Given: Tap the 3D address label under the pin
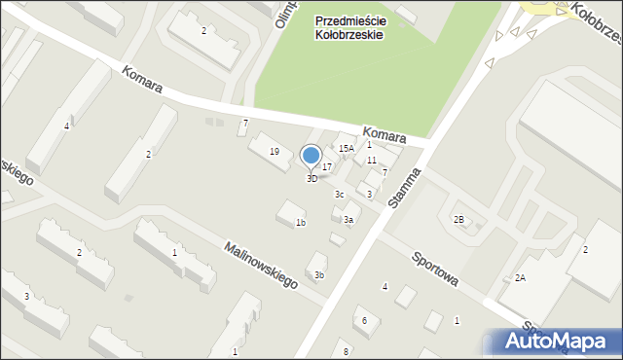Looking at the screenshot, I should [311, 179].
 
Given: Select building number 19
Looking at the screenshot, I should [275, 151].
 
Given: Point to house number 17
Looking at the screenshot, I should [328, 167].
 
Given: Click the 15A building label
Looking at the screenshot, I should [346, 148].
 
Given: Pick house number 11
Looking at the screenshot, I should [371, 160].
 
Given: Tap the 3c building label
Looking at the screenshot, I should [340, 195].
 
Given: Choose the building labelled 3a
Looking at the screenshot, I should [348, 220].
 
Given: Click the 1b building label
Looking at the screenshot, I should [301, 223].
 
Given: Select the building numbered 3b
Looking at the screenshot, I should [318, 275].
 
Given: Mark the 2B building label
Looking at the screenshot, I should [458, 219].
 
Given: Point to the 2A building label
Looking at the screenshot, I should [520, 278].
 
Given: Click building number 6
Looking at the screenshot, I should [364, 320].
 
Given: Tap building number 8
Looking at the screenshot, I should [346, 350].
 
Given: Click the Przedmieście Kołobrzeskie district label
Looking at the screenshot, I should [348, 26].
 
